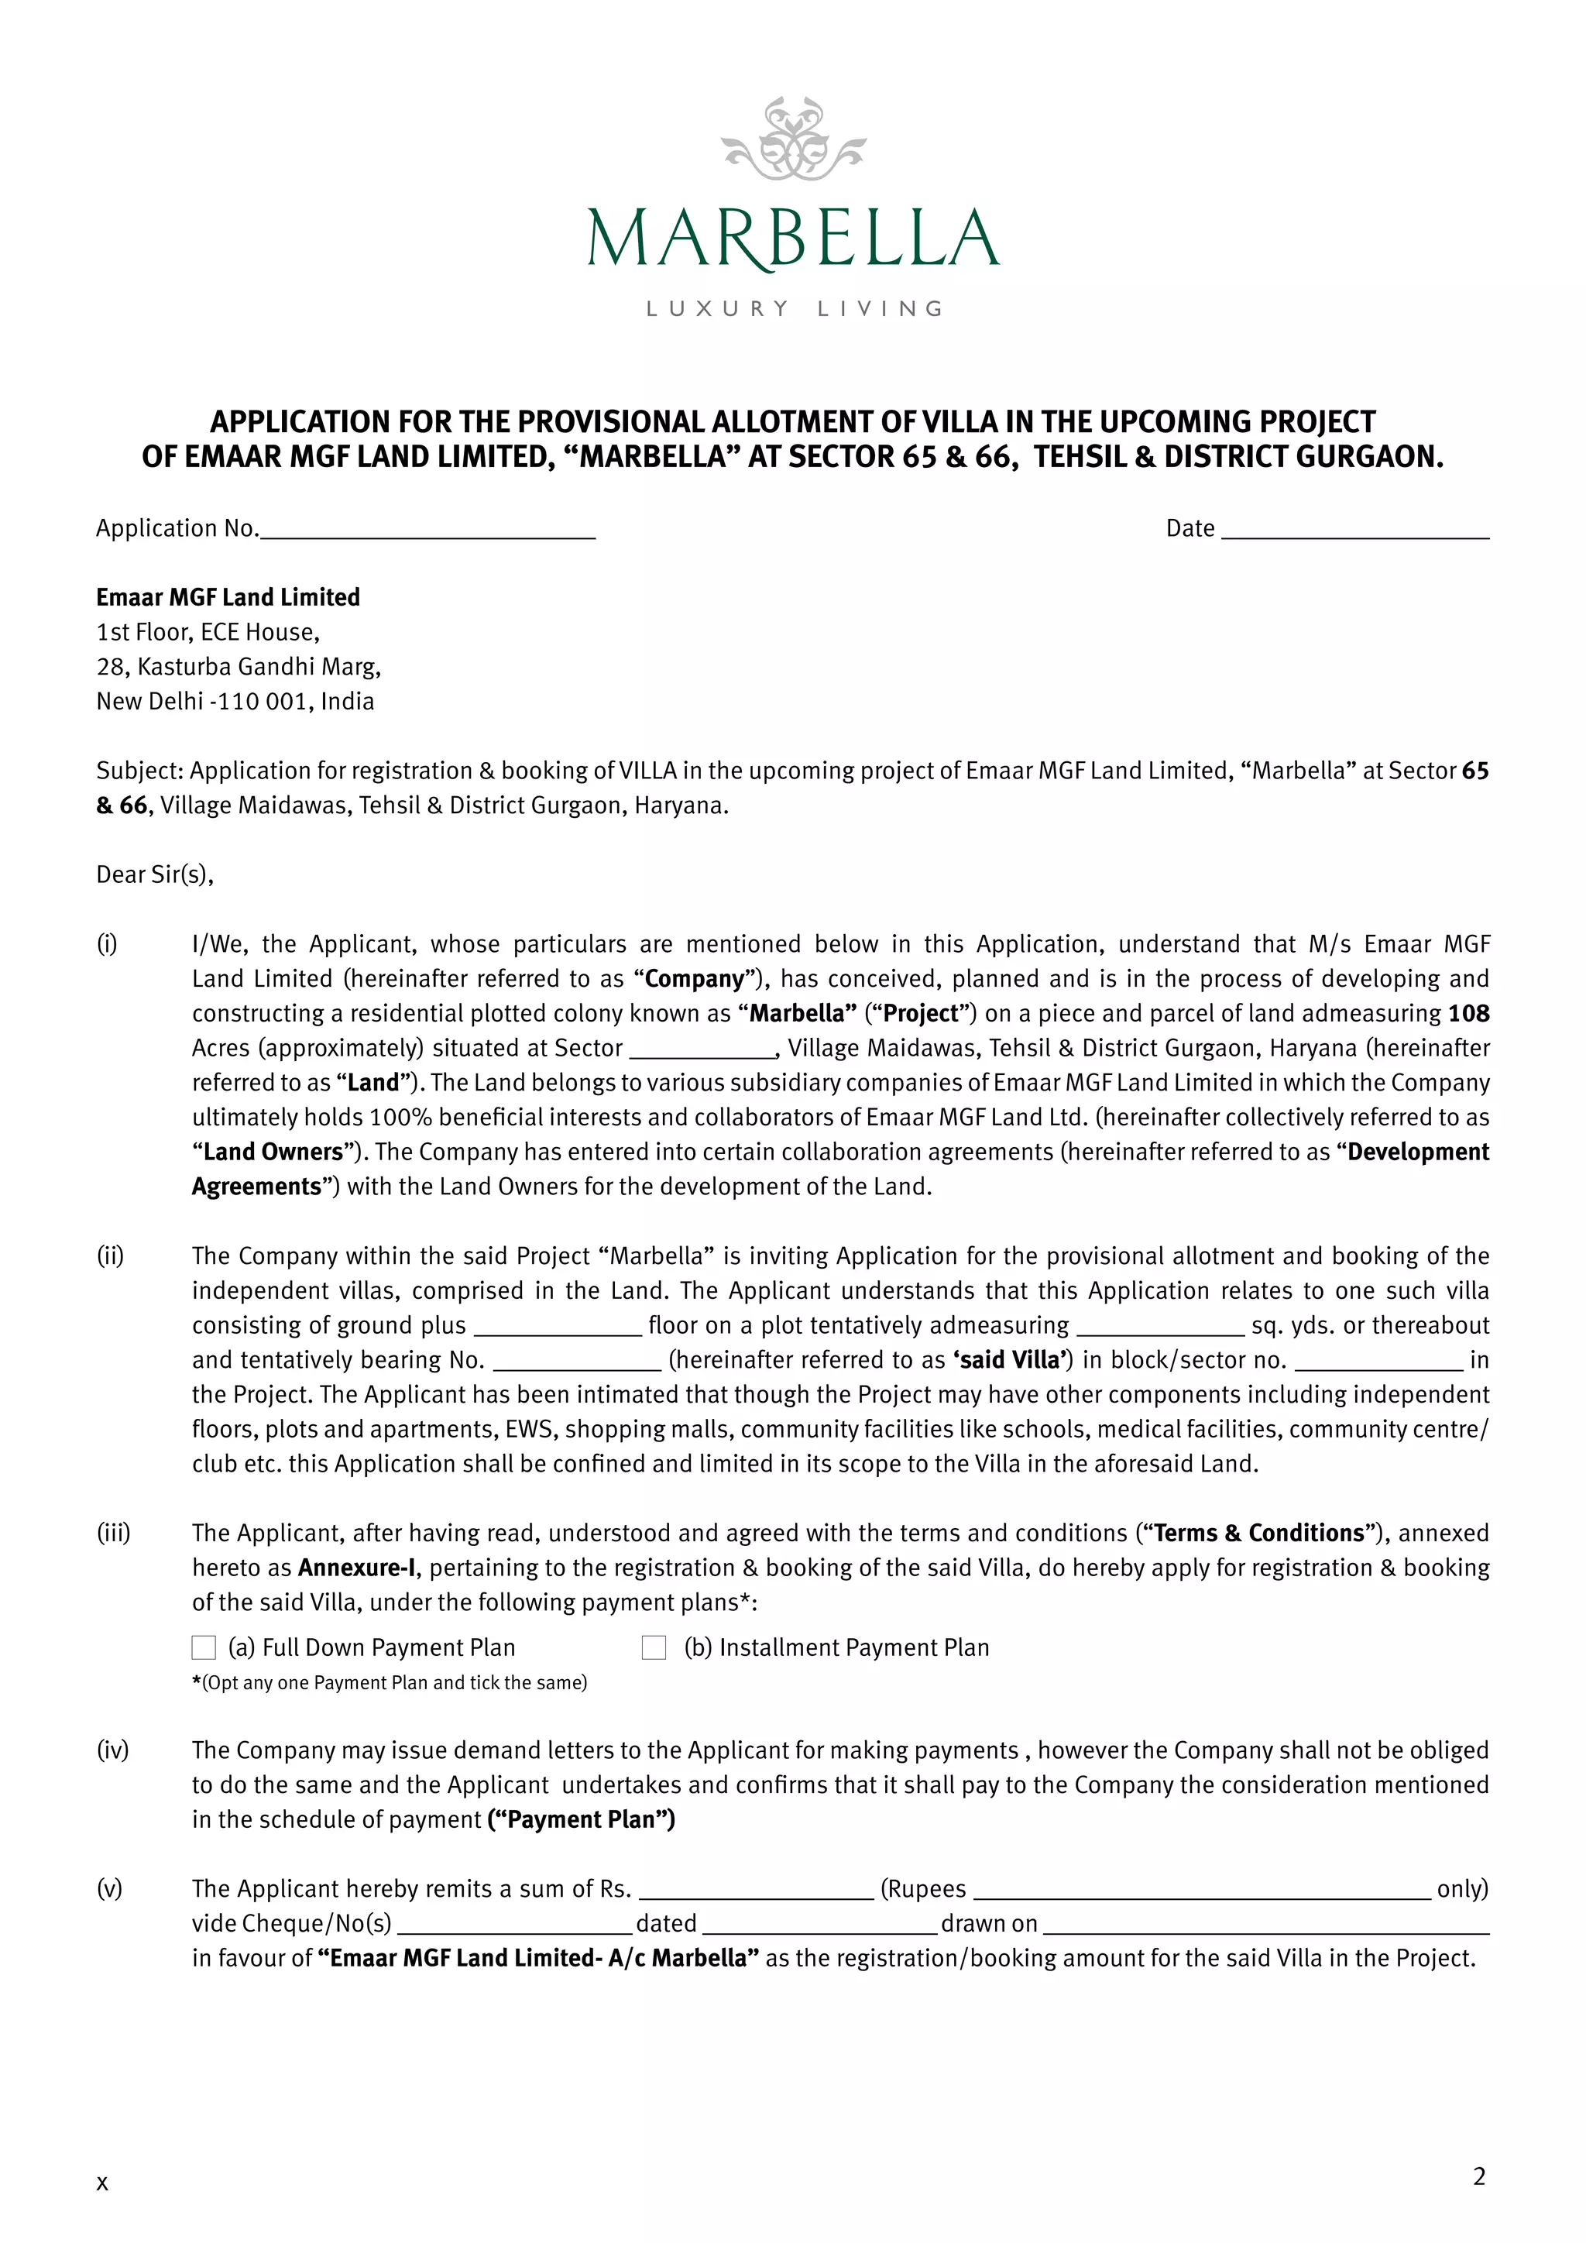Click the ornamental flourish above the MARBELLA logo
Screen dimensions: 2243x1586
click(793, 139)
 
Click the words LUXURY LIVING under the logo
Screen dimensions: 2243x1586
click(793, 309)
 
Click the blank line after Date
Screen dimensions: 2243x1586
click(1354, 531)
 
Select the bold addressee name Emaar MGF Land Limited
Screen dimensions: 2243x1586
click(228, 597)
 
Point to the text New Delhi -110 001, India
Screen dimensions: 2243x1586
click(235, 702)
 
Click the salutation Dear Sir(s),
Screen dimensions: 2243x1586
click(154, 874)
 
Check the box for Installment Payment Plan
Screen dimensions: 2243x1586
click(654, 1648)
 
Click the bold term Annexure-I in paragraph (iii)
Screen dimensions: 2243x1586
click(356, 1568)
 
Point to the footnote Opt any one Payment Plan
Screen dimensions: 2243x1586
click(390, 1682)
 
